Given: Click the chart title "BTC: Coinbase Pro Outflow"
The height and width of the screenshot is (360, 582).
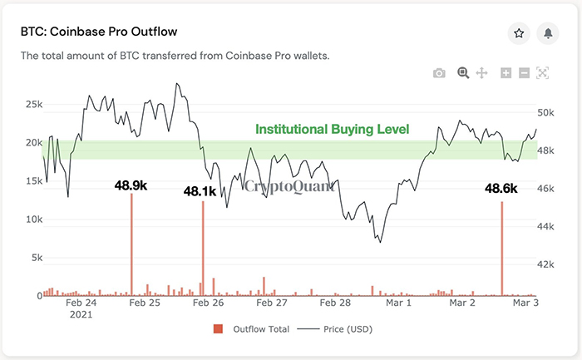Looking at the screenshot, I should pos(99,32).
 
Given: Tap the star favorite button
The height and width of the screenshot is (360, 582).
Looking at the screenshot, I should pos(519,33).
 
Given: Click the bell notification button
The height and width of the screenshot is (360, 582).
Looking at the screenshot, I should pos(548,33).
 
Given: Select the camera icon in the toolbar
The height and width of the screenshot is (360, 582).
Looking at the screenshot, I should pos(439,73).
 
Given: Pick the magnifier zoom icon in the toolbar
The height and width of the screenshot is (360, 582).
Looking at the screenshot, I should pos(463,73).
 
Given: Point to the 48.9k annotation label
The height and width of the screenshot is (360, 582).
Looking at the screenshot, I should pos(131,185).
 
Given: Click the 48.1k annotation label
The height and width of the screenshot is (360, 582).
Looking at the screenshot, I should pos(200,191).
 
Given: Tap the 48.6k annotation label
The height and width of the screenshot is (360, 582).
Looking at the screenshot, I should pos(501,190).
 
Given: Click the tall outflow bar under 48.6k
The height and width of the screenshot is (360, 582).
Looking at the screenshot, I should pos(502,249).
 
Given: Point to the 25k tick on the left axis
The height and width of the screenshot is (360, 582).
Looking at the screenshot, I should pos(33,105).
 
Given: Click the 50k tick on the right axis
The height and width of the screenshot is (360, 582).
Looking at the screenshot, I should pos(545,112).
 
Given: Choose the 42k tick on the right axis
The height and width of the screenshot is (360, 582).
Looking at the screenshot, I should pos(545,264).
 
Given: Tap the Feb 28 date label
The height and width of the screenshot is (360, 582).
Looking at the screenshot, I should pos(334,303).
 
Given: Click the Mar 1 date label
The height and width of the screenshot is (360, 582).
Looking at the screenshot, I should pos(398,303).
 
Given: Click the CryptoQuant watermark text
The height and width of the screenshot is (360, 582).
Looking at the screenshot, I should pos(289,186).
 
